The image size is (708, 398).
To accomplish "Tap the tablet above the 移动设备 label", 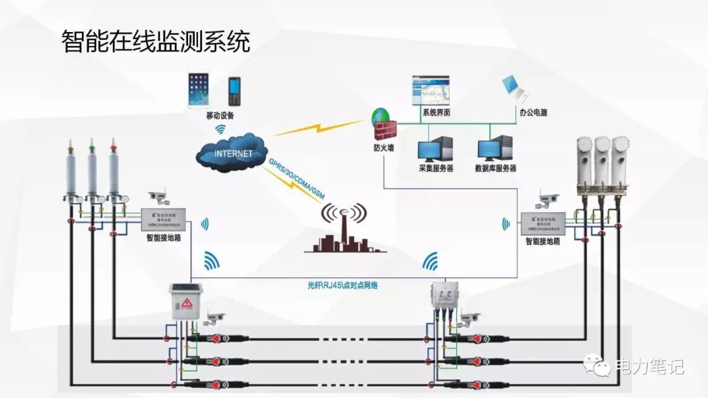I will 199,90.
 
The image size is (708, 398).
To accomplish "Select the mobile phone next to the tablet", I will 234,92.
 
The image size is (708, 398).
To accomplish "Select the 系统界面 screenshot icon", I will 430,90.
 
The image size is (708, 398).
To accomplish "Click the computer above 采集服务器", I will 436,147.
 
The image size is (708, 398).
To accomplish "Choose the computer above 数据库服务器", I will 496,147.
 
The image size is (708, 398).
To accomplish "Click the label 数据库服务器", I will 496,168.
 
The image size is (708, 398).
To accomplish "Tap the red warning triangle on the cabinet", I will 186,302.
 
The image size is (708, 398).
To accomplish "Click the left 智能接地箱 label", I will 163,238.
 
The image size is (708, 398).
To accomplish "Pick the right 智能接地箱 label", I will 543,241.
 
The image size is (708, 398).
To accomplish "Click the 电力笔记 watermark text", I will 648,367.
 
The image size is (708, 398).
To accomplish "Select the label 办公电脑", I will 533,113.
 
